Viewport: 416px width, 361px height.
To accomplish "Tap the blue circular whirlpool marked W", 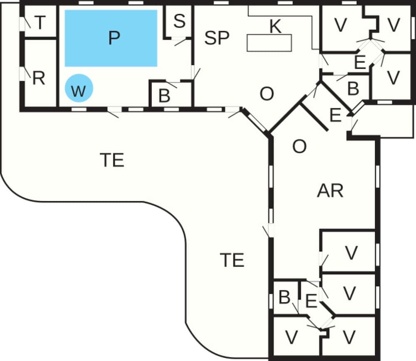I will click(x=79, y=88).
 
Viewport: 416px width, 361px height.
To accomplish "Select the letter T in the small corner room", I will click(x=40, y=23).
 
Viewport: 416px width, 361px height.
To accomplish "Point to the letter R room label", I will click(x=39, y=78).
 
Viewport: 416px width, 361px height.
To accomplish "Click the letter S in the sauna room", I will click(x=179, y=21).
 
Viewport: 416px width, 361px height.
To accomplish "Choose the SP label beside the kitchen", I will click(x=217, y=38).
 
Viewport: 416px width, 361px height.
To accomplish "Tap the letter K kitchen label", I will click(x=275, y=27).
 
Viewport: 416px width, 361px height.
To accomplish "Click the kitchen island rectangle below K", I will click(x=269, y=43).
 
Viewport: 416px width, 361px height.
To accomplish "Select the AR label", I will click(x=330, y=191).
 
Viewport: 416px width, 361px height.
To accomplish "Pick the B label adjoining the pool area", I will click(x=164, y=96).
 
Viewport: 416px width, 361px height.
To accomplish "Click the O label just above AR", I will click(x=300, y=146).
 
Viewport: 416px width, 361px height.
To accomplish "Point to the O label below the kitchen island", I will click(x=267, y=94).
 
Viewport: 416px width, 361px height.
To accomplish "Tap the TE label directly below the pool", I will click(x=112, y=160).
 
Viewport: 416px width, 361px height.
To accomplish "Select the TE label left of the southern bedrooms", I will click(x=232, y=260).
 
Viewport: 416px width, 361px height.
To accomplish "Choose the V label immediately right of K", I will click(x=341, y=25).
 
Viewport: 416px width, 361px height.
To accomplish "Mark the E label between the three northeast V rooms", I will click(x=360, y=62).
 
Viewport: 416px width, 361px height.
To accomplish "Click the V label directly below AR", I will click(x=352, y=253).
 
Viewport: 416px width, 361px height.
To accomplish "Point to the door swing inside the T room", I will click(x=27, y=23).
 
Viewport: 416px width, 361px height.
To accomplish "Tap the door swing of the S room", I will click(x=180, y=41).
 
